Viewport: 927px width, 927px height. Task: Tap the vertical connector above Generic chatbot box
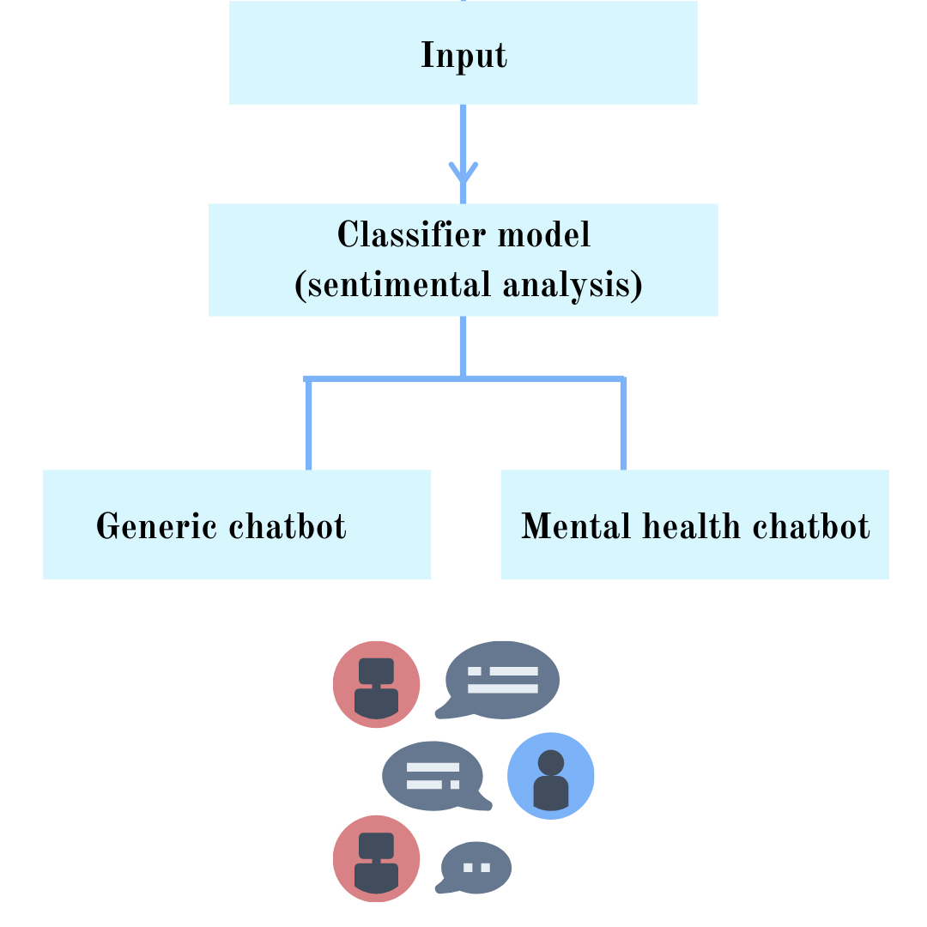[x=308, y=424]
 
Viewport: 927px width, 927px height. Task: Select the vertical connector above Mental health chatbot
[x=623, y=424]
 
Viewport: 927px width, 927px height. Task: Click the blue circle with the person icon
[x=550, y=776]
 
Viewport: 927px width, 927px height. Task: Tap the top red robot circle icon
[x=376, y=684]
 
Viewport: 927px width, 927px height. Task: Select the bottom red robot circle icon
[x=376, y=859]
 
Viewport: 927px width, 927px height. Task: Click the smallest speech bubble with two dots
[x=476, y=868]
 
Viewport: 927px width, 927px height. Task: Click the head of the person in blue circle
[x=550, y=762]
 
